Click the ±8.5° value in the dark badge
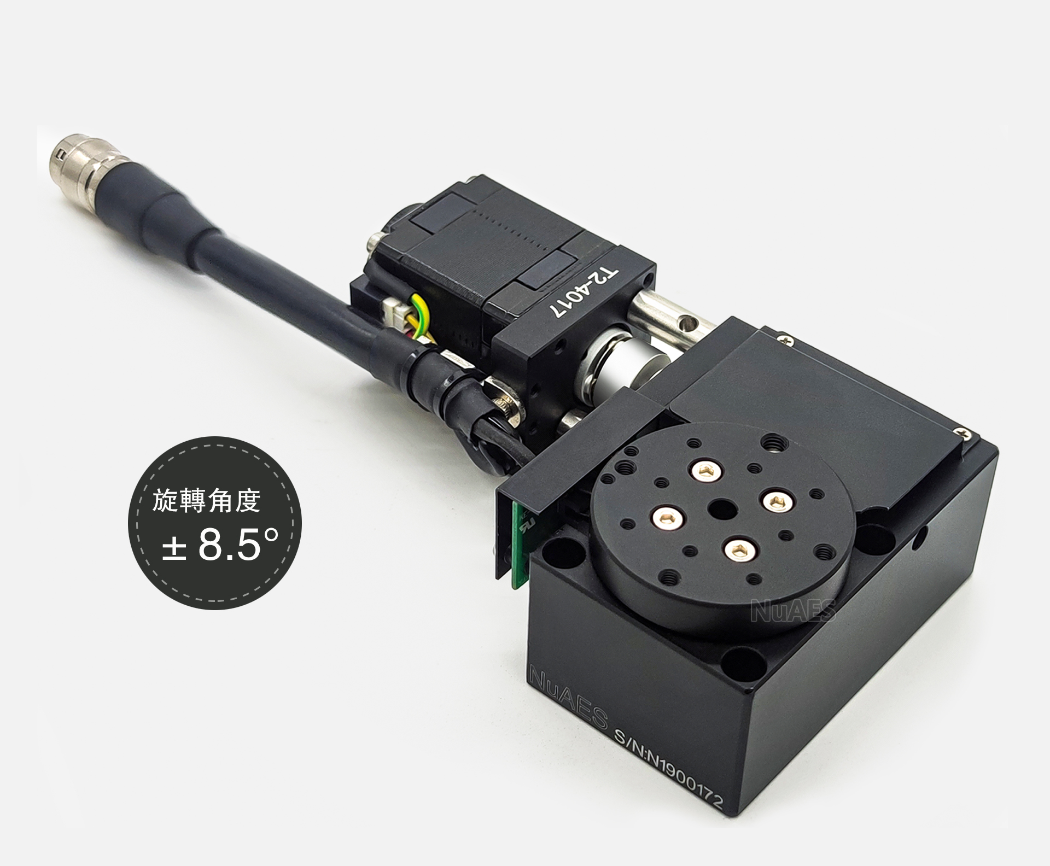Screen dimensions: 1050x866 [x=220, y=545]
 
